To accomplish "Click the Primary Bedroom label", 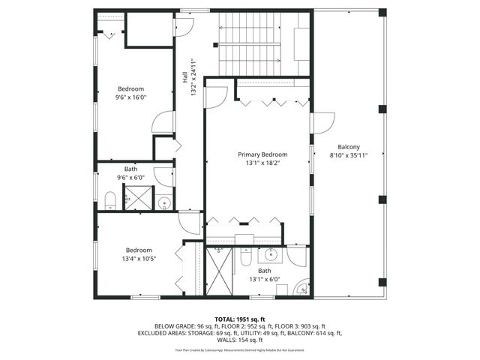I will click(x=262, y=154).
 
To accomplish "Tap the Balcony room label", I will click(x=349, y=147).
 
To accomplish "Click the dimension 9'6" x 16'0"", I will click(x=130, y=97).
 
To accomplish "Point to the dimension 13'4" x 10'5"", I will click(x=139, y=259).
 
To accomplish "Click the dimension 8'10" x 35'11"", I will click(x=349, y=155).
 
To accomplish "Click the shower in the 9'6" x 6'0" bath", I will click(x=138, y=198).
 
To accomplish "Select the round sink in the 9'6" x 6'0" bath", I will click(x=164, y=202).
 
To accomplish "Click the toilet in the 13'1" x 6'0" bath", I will click(x=246, y=258).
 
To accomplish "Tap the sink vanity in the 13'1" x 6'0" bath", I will click(x=270, y=256).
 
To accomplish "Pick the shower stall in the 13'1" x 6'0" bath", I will click(x=220, y=270).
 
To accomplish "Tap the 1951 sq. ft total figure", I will click(x=250, y=319).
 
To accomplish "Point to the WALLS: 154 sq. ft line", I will click(x=239, y=340).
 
